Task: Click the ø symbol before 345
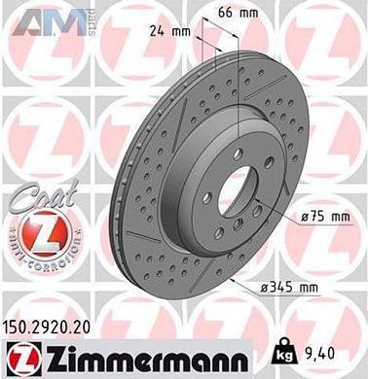pos(282,288)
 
